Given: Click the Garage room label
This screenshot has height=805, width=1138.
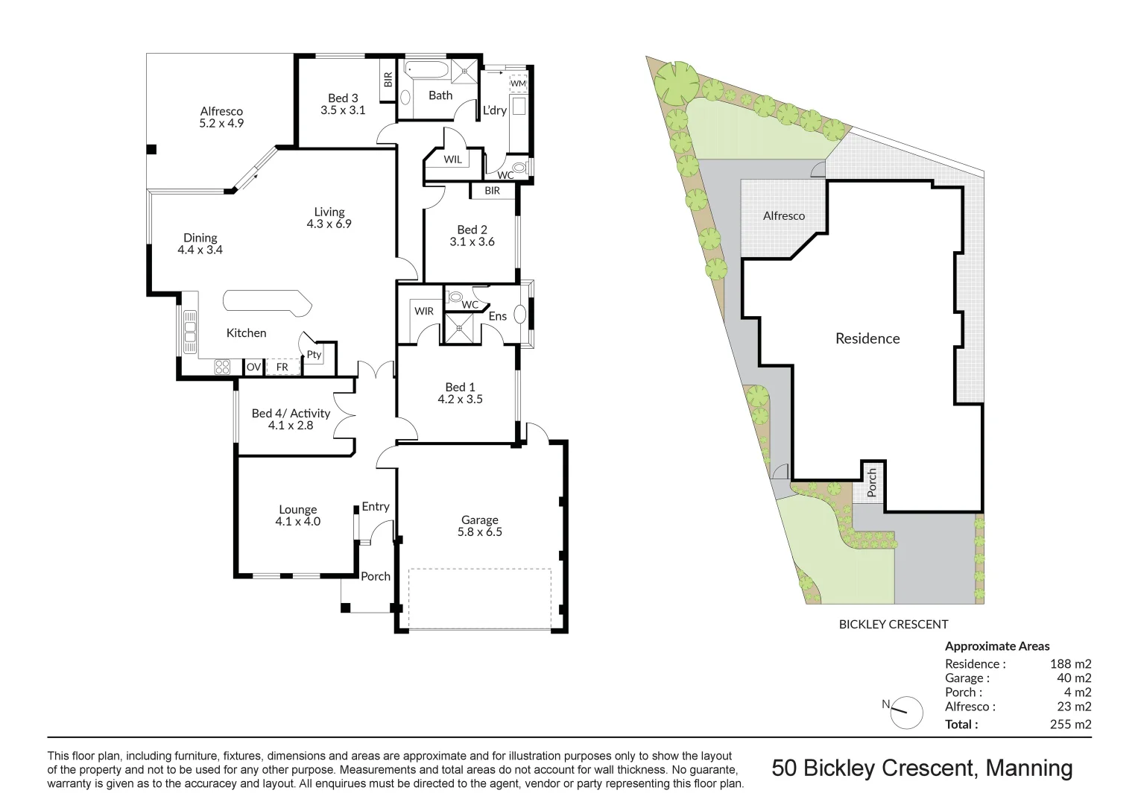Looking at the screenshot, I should (x=479, y=520).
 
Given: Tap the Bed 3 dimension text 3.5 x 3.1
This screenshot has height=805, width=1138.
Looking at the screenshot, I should (x=343, y=110).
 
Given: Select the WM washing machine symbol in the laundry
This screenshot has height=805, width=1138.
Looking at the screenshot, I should (x=517, y=83).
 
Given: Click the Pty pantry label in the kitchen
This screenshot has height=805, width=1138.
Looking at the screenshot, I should (x=314, y=355).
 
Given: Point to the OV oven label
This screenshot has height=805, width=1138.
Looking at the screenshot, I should (x=253, y=367).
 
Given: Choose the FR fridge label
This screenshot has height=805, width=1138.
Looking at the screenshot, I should (x=282, y=367).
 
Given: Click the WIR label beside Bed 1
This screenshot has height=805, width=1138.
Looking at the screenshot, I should (x=424, y=311).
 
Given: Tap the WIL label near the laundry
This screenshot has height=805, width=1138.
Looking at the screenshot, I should (x=452, y=160).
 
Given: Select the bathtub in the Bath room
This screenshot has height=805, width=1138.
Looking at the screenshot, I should (x=426, y=70).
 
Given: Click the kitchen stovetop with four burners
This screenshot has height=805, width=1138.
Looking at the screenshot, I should (x=222, y=366).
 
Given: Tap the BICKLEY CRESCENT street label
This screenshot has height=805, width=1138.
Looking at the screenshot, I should (x=893, y=625).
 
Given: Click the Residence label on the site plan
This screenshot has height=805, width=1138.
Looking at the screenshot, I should (x=867, y=338).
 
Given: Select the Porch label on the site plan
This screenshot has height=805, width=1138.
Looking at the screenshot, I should (x=872, y=483).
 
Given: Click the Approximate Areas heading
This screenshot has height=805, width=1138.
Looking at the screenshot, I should (x=996, y=646).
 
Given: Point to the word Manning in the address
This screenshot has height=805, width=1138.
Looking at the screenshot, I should (x=1029, y=768).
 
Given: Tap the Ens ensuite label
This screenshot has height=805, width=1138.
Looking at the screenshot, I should (x=497, y=316).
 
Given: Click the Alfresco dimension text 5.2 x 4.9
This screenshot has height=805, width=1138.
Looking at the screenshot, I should (x=221, y=123).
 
